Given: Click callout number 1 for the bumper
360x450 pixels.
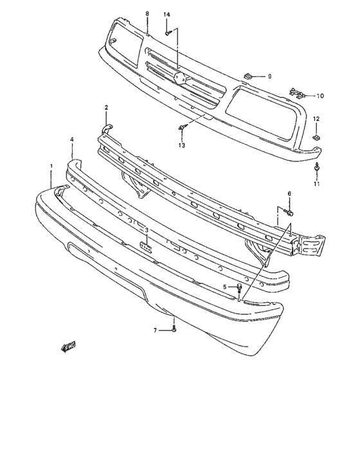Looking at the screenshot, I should click(51, 166).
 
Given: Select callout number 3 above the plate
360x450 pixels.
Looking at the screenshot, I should click(147, 230).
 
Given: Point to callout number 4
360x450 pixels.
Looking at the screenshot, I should click(72, 139).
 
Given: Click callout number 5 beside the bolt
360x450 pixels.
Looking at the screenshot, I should click(224, 287).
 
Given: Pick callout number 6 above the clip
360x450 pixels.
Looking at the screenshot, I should click(289, 194).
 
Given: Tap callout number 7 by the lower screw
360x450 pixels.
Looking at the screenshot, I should click(155, 330).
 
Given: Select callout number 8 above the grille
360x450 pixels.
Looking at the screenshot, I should click(147, 14).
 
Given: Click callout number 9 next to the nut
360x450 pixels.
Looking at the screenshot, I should click(269, 76).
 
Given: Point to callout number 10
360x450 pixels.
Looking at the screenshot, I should click(320, 96).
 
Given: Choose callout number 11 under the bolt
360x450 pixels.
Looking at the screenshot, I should click(316, 184).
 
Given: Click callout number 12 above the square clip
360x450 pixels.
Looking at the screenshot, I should click(316, 119).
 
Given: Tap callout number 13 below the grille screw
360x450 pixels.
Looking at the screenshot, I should click(182, 146).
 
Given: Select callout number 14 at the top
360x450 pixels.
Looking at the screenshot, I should click(166, 14).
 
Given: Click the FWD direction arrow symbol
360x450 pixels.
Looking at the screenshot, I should click(67, 347).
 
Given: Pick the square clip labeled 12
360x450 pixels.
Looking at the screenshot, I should click(316, 137).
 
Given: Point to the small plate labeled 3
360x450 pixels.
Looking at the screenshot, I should click(147, 247).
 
